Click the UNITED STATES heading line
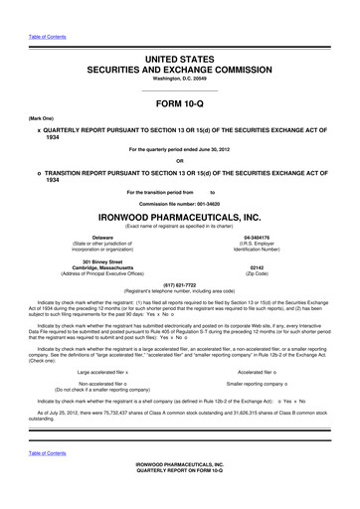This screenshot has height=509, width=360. [180, 33]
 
